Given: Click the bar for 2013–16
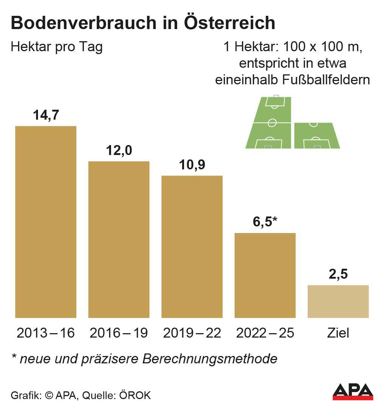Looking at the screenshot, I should click(46, 222).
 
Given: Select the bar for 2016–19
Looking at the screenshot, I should click(119, 239).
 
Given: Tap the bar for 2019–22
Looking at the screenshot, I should click(192, 247).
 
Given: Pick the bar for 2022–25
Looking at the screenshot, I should click(265, 275).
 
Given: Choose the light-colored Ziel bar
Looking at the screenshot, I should click(338, 301).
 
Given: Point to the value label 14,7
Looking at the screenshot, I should click(46, 115).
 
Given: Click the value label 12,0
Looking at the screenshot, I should click(119, 151).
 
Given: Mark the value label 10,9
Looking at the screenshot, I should click(192, 165).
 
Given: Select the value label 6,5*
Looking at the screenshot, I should click(265, 222).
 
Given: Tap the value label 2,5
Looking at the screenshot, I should click(338, 275).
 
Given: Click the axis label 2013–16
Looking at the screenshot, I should click(46, 333).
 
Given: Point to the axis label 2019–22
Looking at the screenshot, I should click(192, 333).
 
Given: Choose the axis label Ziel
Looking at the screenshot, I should click(338, 333).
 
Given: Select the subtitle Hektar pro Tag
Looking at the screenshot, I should click(57, 47).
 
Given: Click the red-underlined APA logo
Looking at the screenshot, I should click(353, 392).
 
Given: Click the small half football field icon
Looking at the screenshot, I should click(316, 135).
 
